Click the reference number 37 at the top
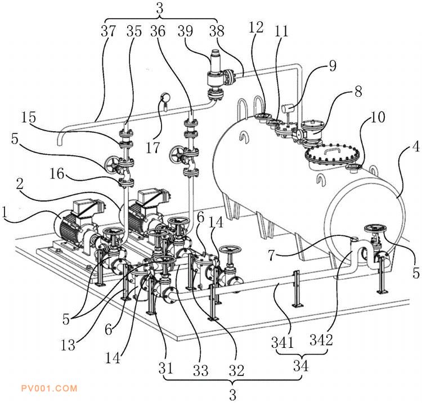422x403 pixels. tap(108, 31)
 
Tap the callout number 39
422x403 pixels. tap(185, 31)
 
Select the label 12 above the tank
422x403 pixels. tap(256, 28)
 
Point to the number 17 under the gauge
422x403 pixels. tap(153, 147)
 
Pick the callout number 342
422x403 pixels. tap(321, 340)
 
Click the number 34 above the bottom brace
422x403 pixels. tap(300, 366)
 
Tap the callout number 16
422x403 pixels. tap(57, 173)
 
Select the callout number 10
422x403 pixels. tap(378, 117)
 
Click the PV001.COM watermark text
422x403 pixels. tap(50, 388)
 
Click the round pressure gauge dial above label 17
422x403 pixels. tap(165, 97)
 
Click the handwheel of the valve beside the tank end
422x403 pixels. tap(375, 229)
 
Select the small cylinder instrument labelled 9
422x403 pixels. tap(288, 109)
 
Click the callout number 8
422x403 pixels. tap(358, 92)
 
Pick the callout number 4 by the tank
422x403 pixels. tap(416, 147)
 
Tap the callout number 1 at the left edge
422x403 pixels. tap(4, 212)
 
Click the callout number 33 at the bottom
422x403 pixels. tap(200, 370)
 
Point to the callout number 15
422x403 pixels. tap(29, 117)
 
